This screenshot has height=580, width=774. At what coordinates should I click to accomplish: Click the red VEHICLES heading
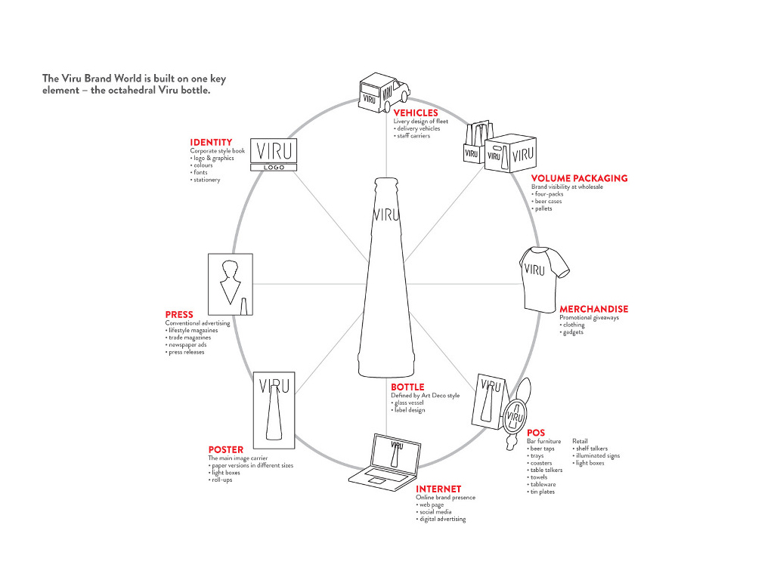[416, 113]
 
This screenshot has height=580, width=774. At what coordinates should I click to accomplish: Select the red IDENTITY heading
[211, 142]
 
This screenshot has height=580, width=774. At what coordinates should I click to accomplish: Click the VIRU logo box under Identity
[273, 155]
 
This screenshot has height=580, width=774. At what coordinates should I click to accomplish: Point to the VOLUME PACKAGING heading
[579, 179]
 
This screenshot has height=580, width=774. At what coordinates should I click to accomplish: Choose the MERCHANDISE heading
[593, 309]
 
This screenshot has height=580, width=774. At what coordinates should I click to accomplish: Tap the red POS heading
[535, 433]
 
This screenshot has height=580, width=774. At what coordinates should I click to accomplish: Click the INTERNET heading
[438, 489]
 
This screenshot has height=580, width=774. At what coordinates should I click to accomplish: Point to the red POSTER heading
[226, 450]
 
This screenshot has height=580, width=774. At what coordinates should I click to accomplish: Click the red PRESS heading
[179, 314]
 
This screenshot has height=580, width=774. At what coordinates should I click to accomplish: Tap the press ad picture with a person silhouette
[230, 283]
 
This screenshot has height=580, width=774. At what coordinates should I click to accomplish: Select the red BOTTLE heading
[407, 387]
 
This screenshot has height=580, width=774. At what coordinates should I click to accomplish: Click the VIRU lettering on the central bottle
[386, 214]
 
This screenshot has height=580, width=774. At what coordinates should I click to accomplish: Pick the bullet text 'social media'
[436, 512]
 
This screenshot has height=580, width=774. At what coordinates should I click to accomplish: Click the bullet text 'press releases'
[187, 352]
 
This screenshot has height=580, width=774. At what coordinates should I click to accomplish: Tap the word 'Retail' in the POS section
[580, 441]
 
